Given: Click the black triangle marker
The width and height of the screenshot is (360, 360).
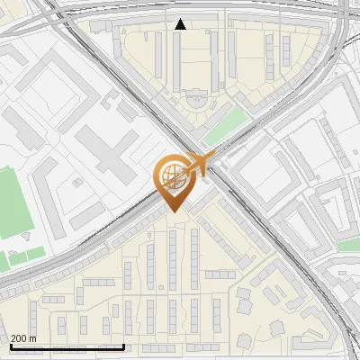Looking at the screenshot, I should [x=181, y=24].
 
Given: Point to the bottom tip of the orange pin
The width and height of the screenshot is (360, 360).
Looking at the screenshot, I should [x=171, y=211].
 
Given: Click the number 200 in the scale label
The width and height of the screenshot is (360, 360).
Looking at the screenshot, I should [x=18, y=338].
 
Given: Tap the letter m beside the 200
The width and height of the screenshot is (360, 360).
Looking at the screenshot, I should [x=32, y=338].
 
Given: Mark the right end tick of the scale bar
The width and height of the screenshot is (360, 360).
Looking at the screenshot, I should [x=123, y=345].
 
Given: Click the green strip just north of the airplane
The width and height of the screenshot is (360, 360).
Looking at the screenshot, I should [x=223, y=127].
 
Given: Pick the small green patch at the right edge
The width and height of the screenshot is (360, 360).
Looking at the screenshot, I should [x=349, y=244].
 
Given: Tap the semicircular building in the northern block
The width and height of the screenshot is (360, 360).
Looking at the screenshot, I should [x=194, y=94].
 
